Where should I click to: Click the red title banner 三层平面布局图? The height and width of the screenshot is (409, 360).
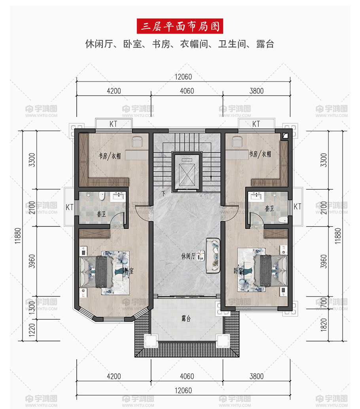pyautogui.click(x=180, y=26)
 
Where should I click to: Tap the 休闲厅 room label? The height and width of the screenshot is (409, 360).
pyautogui.click(x=188, y=256)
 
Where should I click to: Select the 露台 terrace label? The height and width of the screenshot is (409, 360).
pyautogui.click(x=186, y=319)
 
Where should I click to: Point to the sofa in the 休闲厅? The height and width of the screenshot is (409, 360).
pyautogui.click(x=213, y=256)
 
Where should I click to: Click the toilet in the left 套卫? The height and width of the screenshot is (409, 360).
pyautogui.click(x=102, y=196)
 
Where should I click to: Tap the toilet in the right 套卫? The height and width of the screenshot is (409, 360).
pyautogui.click(x=283, y=220)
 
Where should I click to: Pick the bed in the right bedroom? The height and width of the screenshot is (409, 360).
pyautogui.click(x=270, y=270)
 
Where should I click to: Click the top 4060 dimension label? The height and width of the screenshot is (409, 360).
pyautogui.click(x=187, y=91)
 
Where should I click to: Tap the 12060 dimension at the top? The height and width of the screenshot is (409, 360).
pyautogui.click(x=183, y=77)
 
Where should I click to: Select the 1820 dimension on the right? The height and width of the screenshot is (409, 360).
pyautogui.click(x=324, y=325)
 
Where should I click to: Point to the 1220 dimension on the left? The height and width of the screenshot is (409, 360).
pyautogui.click(x=32, y=330)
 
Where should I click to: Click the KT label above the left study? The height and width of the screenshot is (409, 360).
pyautogui.click(x=113, y=124)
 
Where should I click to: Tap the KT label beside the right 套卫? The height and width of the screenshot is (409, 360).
pyautogui.click(x=297, y=207)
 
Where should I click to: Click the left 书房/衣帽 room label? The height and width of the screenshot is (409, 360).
pyautogui.click(x=110, y=156)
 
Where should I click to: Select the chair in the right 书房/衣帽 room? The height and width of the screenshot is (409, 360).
pyautogui.click(x=237, y=141)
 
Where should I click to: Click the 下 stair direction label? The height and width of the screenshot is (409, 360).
pyautogui.click(x=163, y=193)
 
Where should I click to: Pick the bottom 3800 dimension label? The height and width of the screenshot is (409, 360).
pyautogui.click(x=257, y=376)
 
